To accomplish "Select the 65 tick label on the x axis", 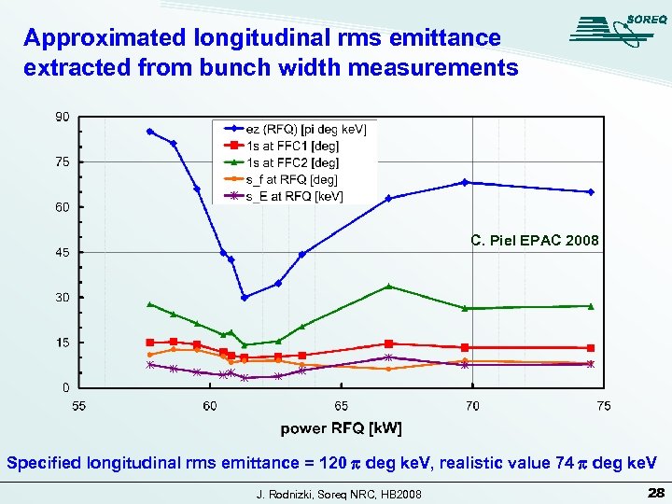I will pyautogui.click(x=342, y=406).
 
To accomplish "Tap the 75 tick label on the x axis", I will pyautogui.click(x=604, y=406).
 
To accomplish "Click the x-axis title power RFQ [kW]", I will pyautogui.click(x=342, y=428).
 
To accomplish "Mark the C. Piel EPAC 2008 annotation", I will pyautogui.click(x=534, y=241).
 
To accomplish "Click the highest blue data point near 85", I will pyautogui.click(x=150, y=132).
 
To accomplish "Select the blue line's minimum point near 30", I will pyautogui.click(x=245, y=298).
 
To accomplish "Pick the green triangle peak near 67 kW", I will pyautogui.click(x=388, y=287).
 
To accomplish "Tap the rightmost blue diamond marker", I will pyautogui.click(x=590, y=192).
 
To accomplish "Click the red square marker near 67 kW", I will pyautogui.click(x=388, y=343).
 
